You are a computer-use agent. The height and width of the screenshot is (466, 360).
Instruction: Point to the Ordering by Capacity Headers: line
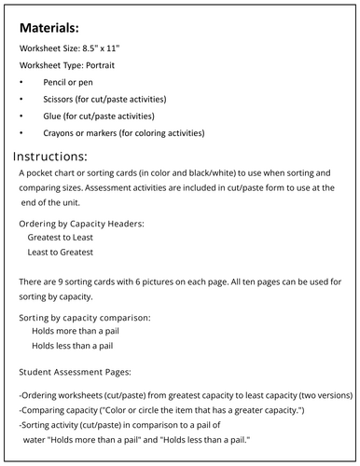point(82,223)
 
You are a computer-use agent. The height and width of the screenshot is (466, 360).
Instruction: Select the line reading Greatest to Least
point(67,238)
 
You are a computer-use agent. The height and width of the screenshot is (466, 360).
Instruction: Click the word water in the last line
point(37,439)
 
